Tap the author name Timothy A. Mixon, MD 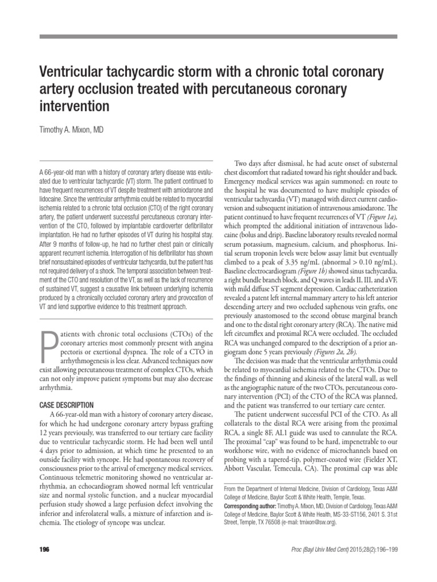tap(71, 130)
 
